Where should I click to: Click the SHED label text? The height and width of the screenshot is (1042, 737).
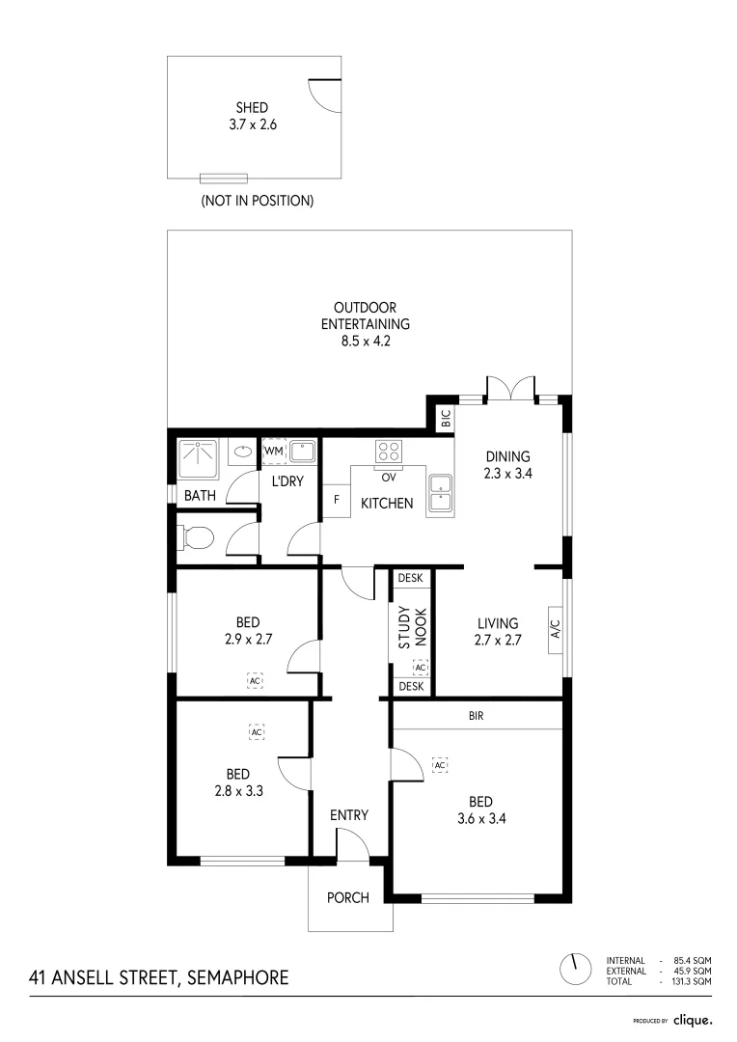tap(252, 108)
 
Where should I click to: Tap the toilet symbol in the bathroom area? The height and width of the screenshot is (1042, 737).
tap(195, 538)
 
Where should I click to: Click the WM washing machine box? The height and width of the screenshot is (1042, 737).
tap(273, 451)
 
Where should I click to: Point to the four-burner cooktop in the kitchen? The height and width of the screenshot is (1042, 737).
tap(388, 451)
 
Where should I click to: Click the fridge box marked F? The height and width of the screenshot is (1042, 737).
tap(336, 500)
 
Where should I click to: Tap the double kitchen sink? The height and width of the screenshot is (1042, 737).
tap(440, 493)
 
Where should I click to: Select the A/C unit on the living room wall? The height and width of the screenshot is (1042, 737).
tap(555, 630)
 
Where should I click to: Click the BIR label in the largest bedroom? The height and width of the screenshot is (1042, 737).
tap(475, 716)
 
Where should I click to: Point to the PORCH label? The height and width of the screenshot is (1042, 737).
tap(348, 898)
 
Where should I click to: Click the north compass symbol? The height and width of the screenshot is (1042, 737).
tap(576, 968)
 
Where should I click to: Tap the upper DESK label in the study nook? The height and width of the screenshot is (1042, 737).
tap(411, 578)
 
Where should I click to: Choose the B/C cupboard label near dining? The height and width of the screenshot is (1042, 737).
tap(445, 419)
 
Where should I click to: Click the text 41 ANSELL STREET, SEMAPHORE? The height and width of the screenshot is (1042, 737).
tap(159, 977)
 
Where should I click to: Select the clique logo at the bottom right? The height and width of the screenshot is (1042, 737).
tap(692, 1019)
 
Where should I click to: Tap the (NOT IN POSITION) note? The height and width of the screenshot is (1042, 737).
tap(257, 202)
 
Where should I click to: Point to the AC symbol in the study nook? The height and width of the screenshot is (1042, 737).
tap(420, 667)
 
